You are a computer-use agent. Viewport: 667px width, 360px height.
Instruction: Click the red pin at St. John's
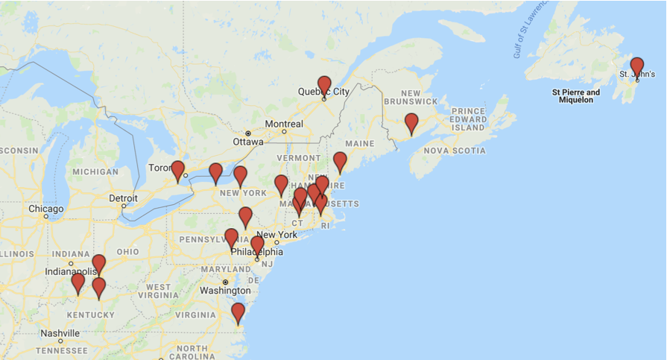click(x=636, y=66)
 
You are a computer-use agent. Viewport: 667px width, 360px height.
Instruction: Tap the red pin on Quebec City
click(x=324, y=85)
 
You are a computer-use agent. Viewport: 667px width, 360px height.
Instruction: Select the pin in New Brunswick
click(x=411, y=122)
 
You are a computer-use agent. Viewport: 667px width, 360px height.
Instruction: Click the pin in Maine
click(x=340, y=161)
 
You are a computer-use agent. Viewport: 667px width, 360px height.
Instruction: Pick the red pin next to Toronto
click(x=177, y=170)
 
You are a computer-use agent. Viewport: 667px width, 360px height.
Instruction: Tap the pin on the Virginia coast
click(x=238, y=312)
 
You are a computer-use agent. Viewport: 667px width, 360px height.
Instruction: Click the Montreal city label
click(x=284, y=124)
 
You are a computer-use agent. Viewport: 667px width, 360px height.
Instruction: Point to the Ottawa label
click(x=248, y=142)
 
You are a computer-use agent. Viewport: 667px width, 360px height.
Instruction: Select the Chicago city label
click(x=46, y=209)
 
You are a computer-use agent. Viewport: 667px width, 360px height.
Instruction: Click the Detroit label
click(x=123, y=198)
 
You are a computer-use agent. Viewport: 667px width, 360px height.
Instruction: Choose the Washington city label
click(x=225, y=290)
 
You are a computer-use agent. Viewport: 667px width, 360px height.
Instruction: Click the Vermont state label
click(x=298, y=158)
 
